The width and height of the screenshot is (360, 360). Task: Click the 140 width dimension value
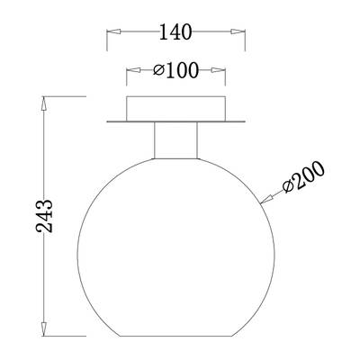tap(175, 32)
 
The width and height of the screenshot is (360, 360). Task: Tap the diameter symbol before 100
tap(157, 70)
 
